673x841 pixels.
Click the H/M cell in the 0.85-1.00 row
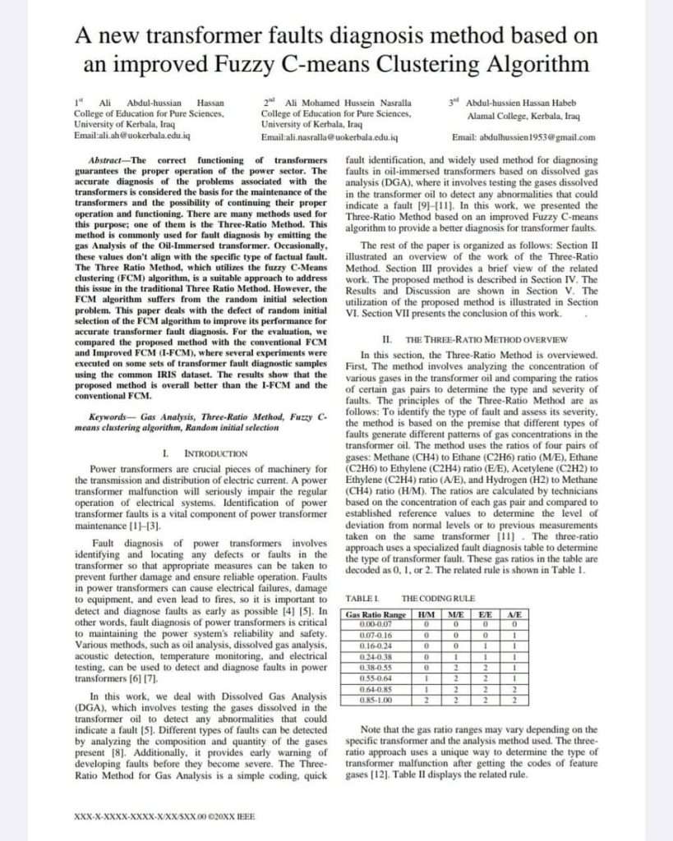(x=426, y=701)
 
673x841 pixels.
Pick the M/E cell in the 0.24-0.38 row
(x=455, y=657)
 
